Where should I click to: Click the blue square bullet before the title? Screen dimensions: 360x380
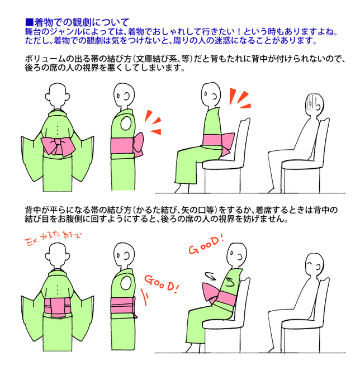(29, 22)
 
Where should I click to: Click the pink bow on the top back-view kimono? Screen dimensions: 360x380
(58, 146)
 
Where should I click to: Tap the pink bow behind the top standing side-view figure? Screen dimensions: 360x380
(139, 144)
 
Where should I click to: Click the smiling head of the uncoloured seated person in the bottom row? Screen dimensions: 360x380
(314, 265)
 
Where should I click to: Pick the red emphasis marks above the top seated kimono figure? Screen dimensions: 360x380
(240, 98)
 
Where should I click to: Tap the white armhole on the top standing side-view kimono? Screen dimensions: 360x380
(126, 123)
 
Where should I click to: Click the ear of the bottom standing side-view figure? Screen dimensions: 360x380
(126, 255)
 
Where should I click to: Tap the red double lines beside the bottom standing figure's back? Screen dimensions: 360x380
(144, 297)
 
